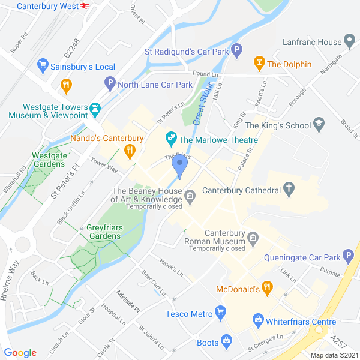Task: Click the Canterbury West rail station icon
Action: pyautogui.click(x=85, y=6)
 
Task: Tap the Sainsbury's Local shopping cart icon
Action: pyautogui.click(x=42, y=64)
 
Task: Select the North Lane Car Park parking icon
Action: pyautogui.click(x=109, y=84)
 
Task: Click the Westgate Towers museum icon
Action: pyautogui.click(x=95, y=107)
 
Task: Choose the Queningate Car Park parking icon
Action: pyautogui.click(x=348, y=258)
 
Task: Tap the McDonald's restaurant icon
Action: pyautogui.click(x=268, y=289)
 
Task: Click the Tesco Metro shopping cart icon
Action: pyautogui.click(x=221, y=313)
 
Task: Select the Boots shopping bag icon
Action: pyautogui.click(x=226, y=341)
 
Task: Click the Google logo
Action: pyautogui.click(x=20, y=353)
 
